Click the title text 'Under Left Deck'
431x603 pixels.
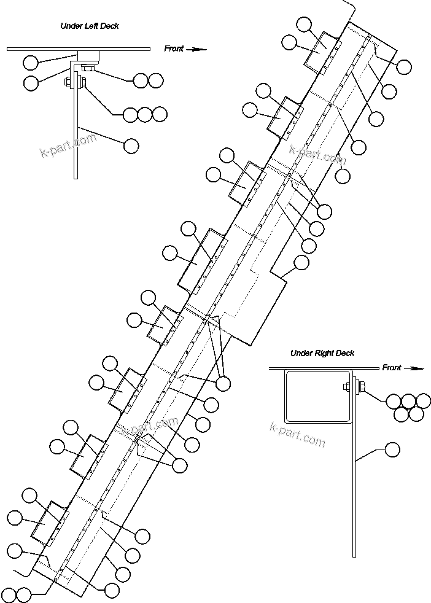click(89, 26)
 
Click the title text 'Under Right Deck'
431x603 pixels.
click(322, 353)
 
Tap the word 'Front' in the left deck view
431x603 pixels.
click(174, 49)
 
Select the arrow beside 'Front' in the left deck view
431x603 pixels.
click(196, 49)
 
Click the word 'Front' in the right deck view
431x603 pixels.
click(392, 368)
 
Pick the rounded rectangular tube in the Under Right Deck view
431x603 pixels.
click(317, 396)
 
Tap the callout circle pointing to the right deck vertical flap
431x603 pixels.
click(392, 450)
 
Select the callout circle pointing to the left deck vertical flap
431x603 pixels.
click(131, 146)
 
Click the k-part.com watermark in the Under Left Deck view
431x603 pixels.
click(68, 145)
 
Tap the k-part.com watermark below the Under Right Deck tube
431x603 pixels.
click(297, 435)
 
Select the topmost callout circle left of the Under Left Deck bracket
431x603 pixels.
click(30, 62)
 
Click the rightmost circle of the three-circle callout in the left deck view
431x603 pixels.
click(160, 114)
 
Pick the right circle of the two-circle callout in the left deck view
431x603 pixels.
click(156, 80)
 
